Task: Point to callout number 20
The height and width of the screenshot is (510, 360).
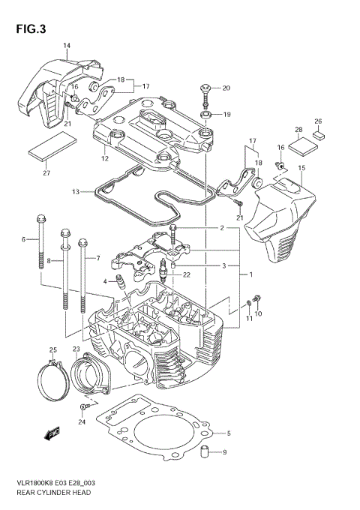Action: (226, 88)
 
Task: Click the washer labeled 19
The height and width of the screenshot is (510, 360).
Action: (205, 115)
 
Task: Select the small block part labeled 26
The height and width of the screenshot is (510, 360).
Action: (318, 136)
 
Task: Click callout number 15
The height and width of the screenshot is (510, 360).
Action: (301, 168)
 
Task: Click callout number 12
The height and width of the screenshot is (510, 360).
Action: (105, 158)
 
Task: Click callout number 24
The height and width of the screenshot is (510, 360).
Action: (82, 421)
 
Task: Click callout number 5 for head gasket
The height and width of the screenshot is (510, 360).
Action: (229, 433)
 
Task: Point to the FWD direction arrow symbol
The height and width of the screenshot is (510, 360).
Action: (53, 433)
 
